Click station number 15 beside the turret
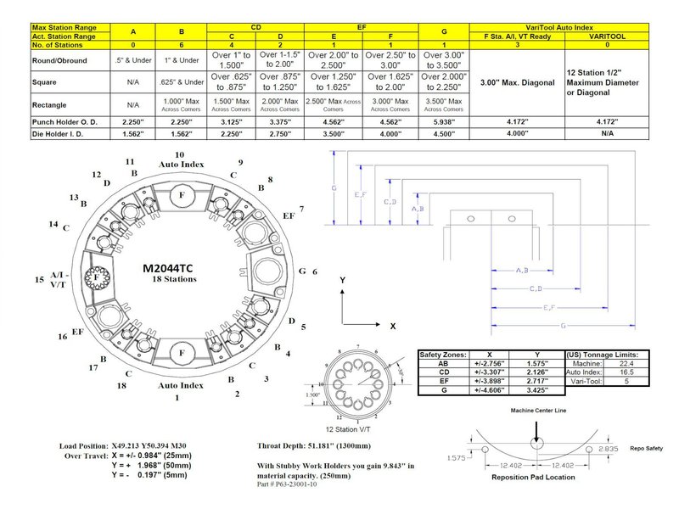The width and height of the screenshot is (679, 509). (x=39, y=279)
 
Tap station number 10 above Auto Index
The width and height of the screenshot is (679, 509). (x=179, y=155)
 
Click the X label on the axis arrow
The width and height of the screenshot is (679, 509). (x=393, y=326)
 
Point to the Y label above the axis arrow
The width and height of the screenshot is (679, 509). (x=341, y=279)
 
